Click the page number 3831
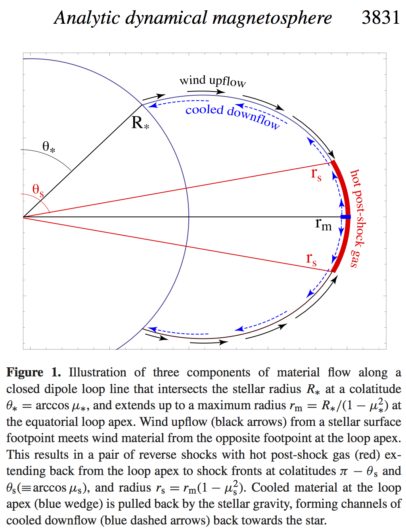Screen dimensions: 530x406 pos(381,17)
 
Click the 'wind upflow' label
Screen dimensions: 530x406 pos(213,81)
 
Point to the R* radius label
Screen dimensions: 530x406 pos(140,123)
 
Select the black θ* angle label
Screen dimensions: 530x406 pos(49,147)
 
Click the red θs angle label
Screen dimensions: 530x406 pos(38,190)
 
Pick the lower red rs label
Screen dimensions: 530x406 pos(311,259)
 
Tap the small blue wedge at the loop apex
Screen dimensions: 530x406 pos(346,217)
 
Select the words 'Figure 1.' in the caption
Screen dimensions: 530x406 pos(33,372)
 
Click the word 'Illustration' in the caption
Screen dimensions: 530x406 pos(98,372)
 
